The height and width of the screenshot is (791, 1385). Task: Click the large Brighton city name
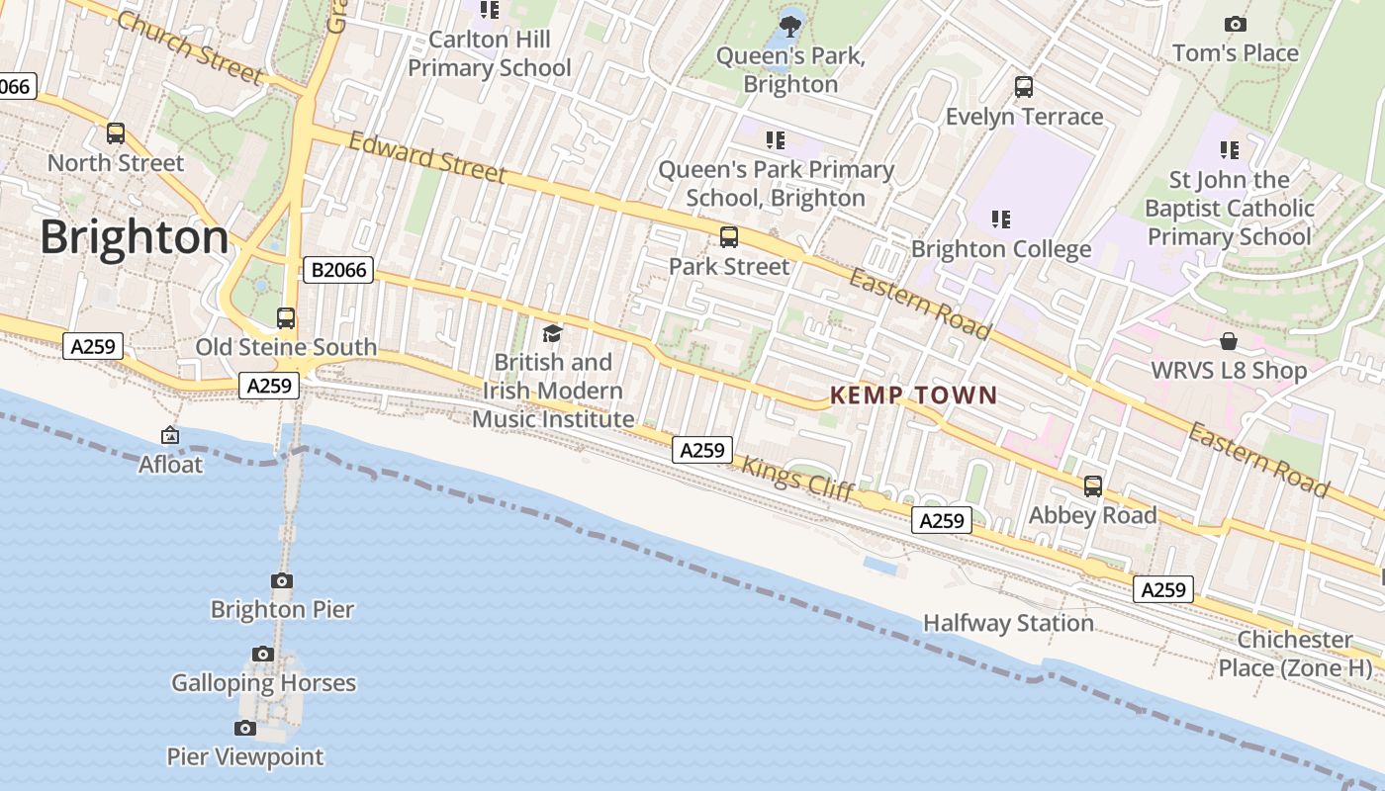(135, 237)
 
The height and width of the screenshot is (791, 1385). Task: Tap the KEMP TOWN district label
(913, 395)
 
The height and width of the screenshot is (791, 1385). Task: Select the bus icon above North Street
(116, 133)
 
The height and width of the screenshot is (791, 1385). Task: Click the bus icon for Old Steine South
(286, 318)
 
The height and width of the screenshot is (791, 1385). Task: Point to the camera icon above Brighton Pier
(282, 581)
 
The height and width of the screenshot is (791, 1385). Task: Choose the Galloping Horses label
(263, 683)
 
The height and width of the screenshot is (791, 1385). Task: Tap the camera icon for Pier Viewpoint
(245, 729)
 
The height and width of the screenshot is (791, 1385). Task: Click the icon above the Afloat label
(170, 435)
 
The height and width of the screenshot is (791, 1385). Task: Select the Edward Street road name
(427, 158)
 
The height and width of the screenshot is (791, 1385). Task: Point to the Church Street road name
(191, 47)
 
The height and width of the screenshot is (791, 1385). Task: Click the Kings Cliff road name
(797, 479)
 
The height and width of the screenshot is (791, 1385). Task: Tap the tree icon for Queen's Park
(790, 26)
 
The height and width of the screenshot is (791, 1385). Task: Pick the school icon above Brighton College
(1001, 219)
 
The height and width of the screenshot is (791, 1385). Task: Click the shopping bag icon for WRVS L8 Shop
(1228, 342)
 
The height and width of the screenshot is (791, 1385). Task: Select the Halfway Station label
(1008, 623)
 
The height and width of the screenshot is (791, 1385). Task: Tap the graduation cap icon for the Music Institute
(552, 334)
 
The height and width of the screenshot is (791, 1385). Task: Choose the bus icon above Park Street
(729, 237)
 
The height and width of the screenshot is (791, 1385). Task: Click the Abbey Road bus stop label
(1092, 515)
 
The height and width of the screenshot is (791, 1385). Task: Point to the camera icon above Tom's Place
(1235, 25)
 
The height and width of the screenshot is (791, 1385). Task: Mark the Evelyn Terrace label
(1024, 117)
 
